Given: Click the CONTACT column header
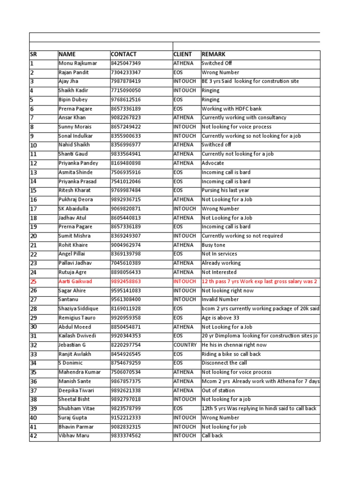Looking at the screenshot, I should click(x=124, y=54).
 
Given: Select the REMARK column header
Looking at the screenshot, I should click(x=213, y=54).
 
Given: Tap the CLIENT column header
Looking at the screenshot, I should click(x=183, y=54).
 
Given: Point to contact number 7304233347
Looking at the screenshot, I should click(x=126, y=73).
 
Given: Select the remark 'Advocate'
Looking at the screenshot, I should click(x=213, y=163).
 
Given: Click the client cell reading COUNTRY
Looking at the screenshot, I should click(x=185, y=345).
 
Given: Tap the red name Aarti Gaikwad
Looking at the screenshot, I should click(x=75, y=281).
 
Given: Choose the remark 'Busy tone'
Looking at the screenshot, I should click(x=213, y=245).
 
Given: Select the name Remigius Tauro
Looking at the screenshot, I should click(x=77, y=318).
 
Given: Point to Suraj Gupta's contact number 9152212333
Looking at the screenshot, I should click(x=126, y=418).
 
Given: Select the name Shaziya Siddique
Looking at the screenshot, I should click(x=78, y=308).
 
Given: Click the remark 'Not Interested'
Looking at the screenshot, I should click(x=219, y=272).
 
